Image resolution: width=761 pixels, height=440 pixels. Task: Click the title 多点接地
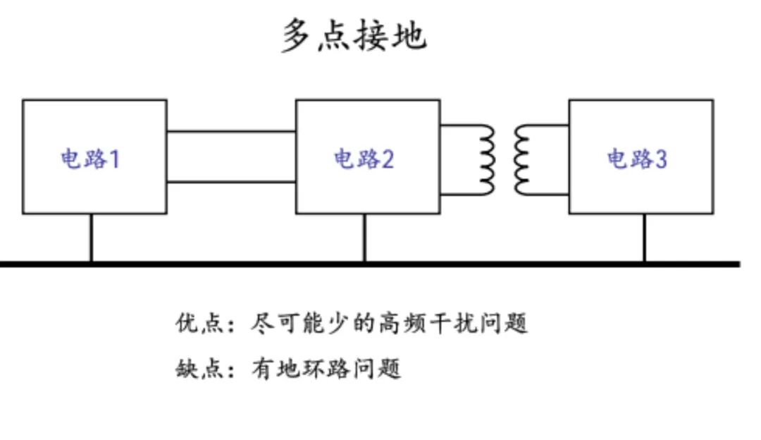pyautogui.click(x=354, y=35)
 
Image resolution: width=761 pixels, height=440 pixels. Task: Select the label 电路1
pyautogui.click(x=90, y=159)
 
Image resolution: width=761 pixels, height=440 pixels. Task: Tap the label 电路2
pyautogui.click(x=364, y=159)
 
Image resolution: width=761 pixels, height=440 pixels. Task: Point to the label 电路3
pyautogui.click(x=637, y=159)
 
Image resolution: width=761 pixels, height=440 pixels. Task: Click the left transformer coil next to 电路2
pyautogui.click(x=488, y=160)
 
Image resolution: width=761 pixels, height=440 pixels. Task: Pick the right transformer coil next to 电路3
pyautogui.click(x=521, y=160)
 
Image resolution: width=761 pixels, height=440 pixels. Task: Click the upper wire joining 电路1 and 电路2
pyautogui.click(x=232, y=131)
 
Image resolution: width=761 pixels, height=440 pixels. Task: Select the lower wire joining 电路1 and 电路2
pyautogui.click(x=232, y=182)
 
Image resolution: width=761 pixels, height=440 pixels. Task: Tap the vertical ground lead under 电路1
pyautogui.click(x=91, y=238)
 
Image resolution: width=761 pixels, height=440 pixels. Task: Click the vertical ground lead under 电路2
pyautogui.click(x=364, y=238)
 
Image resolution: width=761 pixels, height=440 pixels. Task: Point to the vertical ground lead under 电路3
pyautogui.click(x=645, y=238)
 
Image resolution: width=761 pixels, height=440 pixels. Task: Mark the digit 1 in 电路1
pyautogui.click(x=115, y=159)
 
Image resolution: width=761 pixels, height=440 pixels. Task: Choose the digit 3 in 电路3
pyautogui.click(x=662, y=159)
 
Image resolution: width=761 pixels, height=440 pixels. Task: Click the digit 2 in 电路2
pyautogui.click(x=388, y=159)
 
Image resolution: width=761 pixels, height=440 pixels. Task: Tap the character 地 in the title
pyautogui.click(x=409, y=35)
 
